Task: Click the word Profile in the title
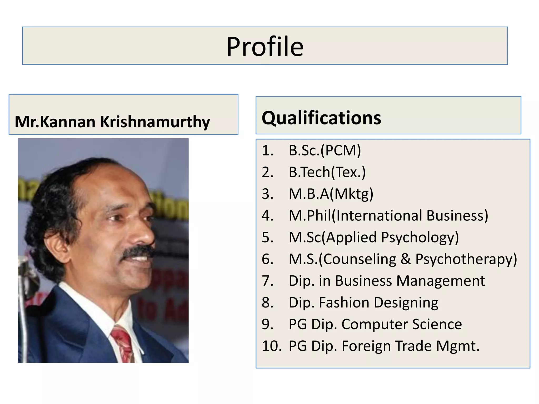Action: (x=265, y=47)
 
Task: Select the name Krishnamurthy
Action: (x=155, y=122)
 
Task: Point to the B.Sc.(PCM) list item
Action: (x=325, y=150)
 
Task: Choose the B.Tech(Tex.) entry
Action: (x=327, y=172)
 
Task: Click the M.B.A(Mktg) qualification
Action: (x=331, y=194)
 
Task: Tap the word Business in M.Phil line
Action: (x=457, y=216)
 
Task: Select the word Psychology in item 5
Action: (x=420, y=238)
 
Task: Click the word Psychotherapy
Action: (x=466, y=259)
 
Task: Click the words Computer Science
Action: (x=401, y=324)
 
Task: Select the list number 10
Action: (x=271, y=346)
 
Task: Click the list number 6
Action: (x=267, y=259)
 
